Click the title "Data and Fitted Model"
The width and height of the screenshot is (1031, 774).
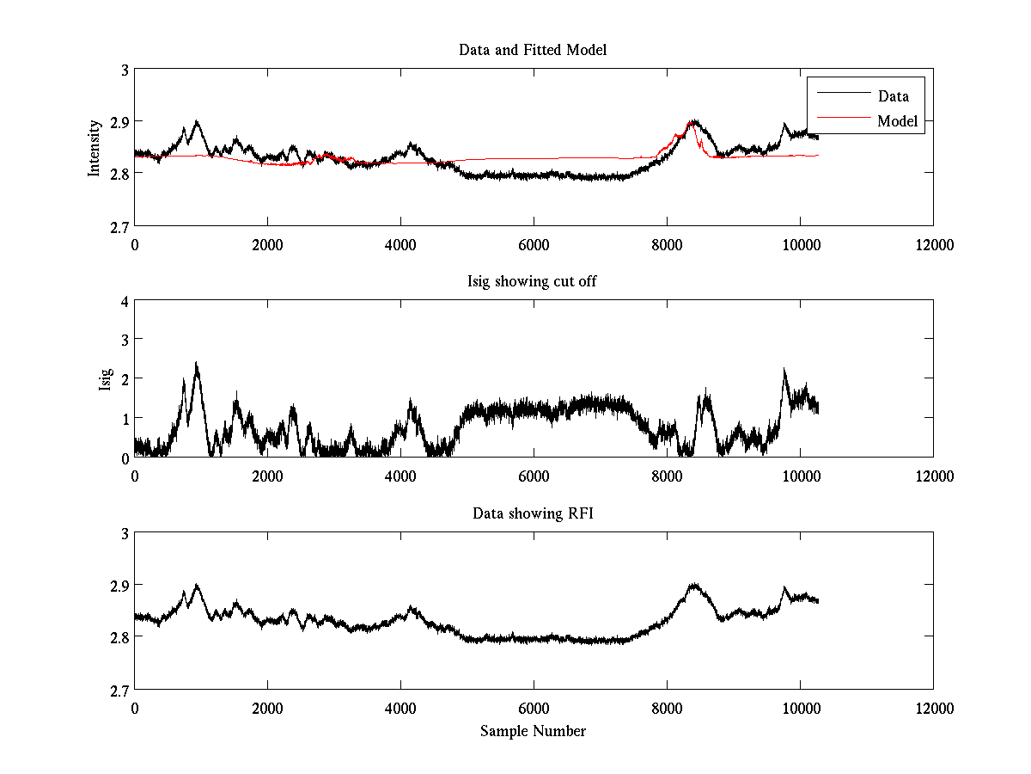[533, 50]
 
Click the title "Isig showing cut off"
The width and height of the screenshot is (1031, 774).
[533, 281]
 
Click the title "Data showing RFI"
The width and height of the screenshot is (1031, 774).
[533, 513]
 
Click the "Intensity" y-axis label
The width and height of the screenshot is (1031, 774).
[95, 147]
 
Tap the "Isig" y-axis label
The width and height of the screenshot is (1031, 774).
[105, 379]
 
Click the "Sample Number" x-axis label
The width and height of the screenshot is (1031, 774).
[533, 731]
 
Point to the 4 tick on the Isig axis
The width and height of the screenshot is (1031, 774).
[125, 302]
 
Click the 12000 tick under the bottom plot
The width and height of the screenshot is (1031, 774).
[934, 708]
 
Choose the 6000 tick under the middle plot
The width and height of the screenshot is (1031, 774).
[534, 476]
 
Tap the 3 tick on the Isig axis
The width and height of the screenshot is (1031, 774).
[125, 341]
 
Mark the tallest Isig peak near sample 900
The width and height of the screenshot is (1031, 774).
[196, 364]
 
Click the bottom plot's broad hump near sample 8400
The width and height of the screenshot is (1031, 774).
[693, 586]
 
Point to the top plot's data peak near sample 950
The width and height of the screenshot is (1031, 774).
[198, 122]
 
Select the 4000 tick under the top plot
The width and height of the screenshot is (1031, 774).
[400, 244]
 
